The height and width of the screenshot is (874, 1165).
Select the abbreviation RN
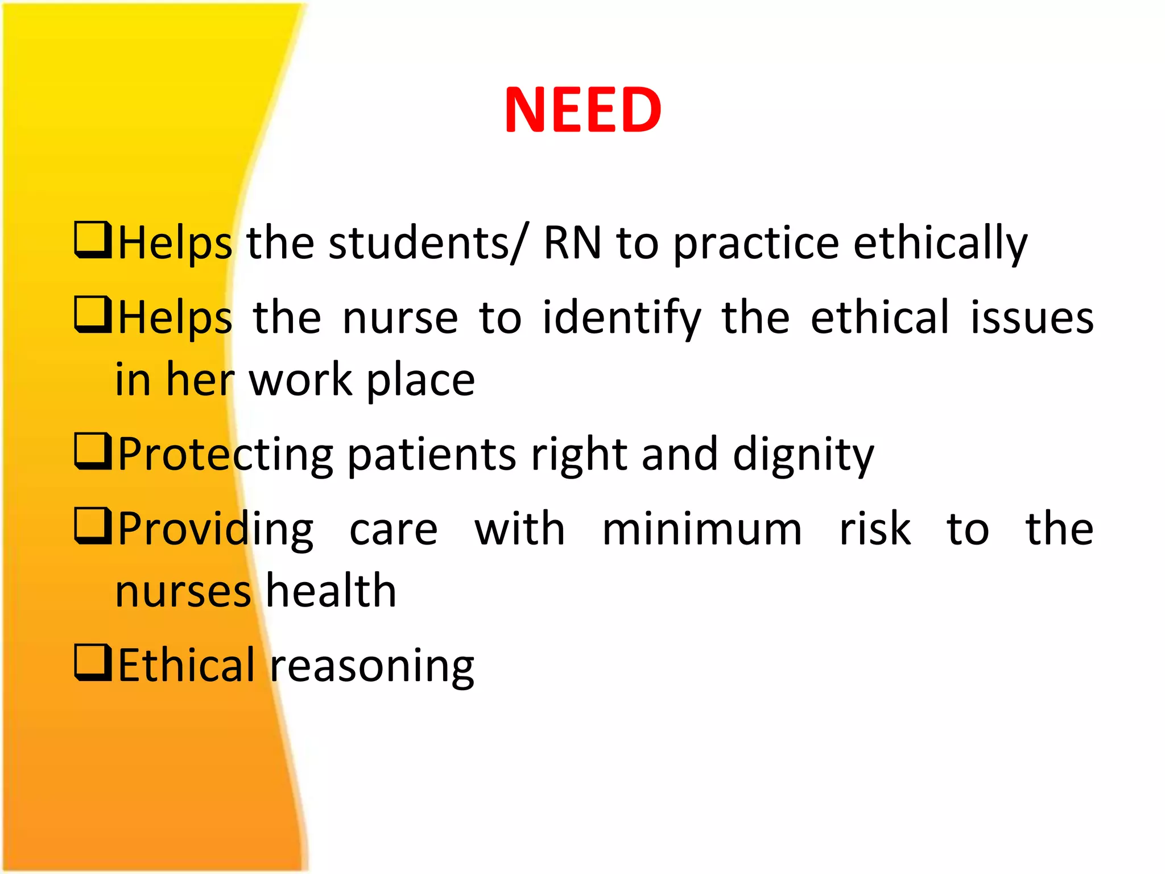pyautogui.click(x=572, y=243)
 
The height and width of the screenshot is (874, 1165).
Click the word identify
pyautogui.click(x=621, y=319)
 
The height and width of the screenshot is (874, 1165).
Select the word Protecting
pyautogui.click(x=225, y=455)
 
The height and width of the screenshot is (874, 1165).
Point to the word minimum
pyautogui.click(x=702, y=529)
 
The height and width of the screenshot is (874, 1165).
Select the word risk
pyautogui.click(x=875, y=529)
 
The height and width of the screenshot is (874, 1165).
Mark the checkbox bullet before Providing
pyautogui.click(x=92, y=526)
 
